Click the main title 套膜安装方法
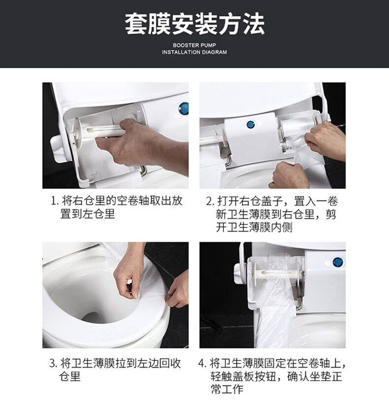[x=194, y=24]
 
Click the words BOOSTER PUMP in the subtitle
[x=194, y=45]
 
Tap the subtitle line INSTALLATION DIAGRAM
[x=194, y=52]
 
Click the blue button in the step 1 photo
[x=184, y=108]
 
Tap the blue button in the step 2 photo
[x=251, y=125]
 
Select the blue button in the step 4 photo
[x=338, y=262]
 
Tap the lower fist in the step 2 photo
[x=289, y=174]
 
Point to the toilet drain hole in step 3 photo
[x=92, y=317]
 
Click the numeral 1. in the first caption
[x=54, y=201]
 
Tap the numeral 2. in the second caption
[x=210, y=202]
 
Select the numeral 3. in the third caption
[x=53, y=364]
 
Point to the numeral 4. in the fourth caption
[x=202, y=364]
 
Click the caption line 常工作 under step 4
[x=227, y=389]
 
